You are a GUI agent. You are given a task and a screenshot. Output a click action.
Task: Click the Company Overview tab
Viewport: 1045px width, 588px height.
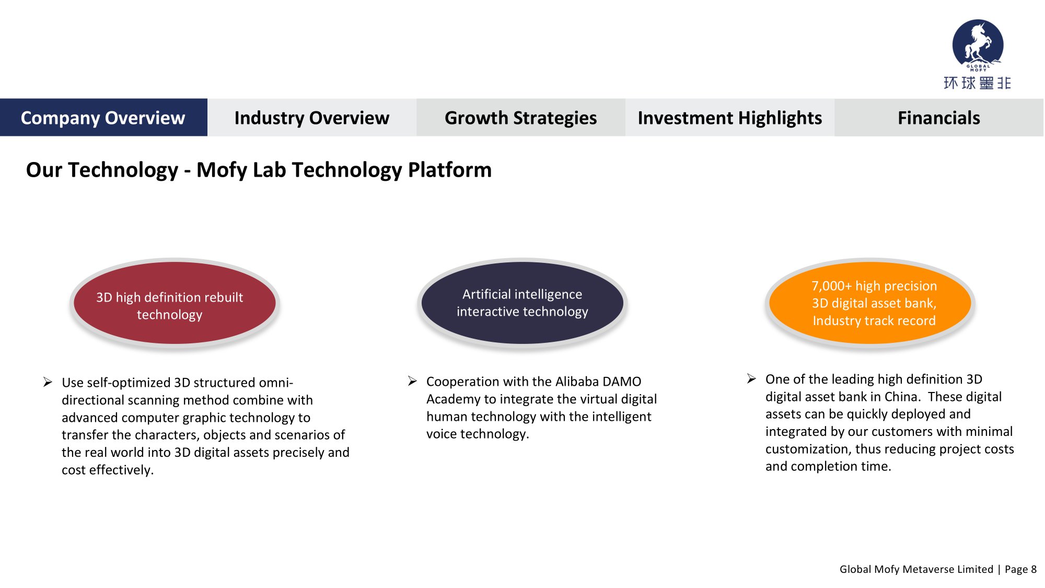[x=103, y=118]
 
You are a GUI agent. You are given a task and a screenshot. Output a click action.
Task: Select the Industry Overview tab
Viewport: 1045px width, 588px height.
[x=312, y=118]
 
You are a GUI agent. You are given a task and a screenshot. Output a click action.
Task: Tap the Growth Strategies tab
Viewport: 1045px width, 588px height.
[x=521, y=118]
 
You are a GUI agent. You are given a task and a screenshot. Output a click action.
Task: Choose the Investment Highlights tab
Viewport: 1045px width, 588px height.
[x=730, y=118]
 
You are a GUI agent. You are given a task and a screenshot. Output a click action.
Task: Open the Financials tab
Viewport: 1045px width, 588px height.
[x=939, y=118]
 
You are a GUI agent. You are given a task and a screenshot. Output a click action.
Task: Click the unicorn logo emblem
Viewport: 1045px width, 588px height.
[x=978, y=45]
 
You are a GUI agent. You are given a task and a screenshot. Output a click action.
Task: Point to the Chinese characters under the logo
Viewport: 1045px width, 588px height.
[x=977, y=83]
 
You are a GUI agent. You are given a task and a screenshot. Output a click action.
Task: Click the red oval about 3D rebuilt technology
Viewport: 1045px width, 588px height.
[x=175, y=303]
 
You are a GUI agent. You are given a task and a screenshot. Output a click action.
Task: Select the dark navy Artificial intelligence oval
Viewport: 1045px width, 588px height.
[x=522, y=303]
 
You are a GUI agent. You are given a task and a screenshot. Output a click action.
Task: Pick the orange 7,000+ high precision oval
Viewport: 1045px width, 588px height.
[x=870, y=303]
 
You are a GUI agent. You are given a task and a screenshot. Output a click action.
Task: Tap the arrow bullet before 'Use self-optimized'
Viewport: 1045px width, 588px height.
[x=48, y=382]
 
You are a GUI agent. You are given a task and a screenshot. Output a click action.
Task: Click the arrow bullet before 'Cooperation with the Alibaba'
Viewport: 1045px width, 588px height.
[x=412, y=381]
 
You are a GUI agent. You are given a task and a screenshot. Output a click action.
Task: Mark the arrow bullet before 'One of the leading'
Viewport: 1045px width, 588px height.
[x=751, y=378]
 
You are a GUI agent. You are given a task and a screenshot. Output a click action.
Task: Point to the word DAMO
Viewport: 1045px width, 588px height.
[x=622, y=382]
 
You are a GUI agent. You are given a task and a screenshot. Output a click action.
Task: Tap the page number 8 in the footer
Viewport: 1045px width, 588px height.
[x=1034, y=569]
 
